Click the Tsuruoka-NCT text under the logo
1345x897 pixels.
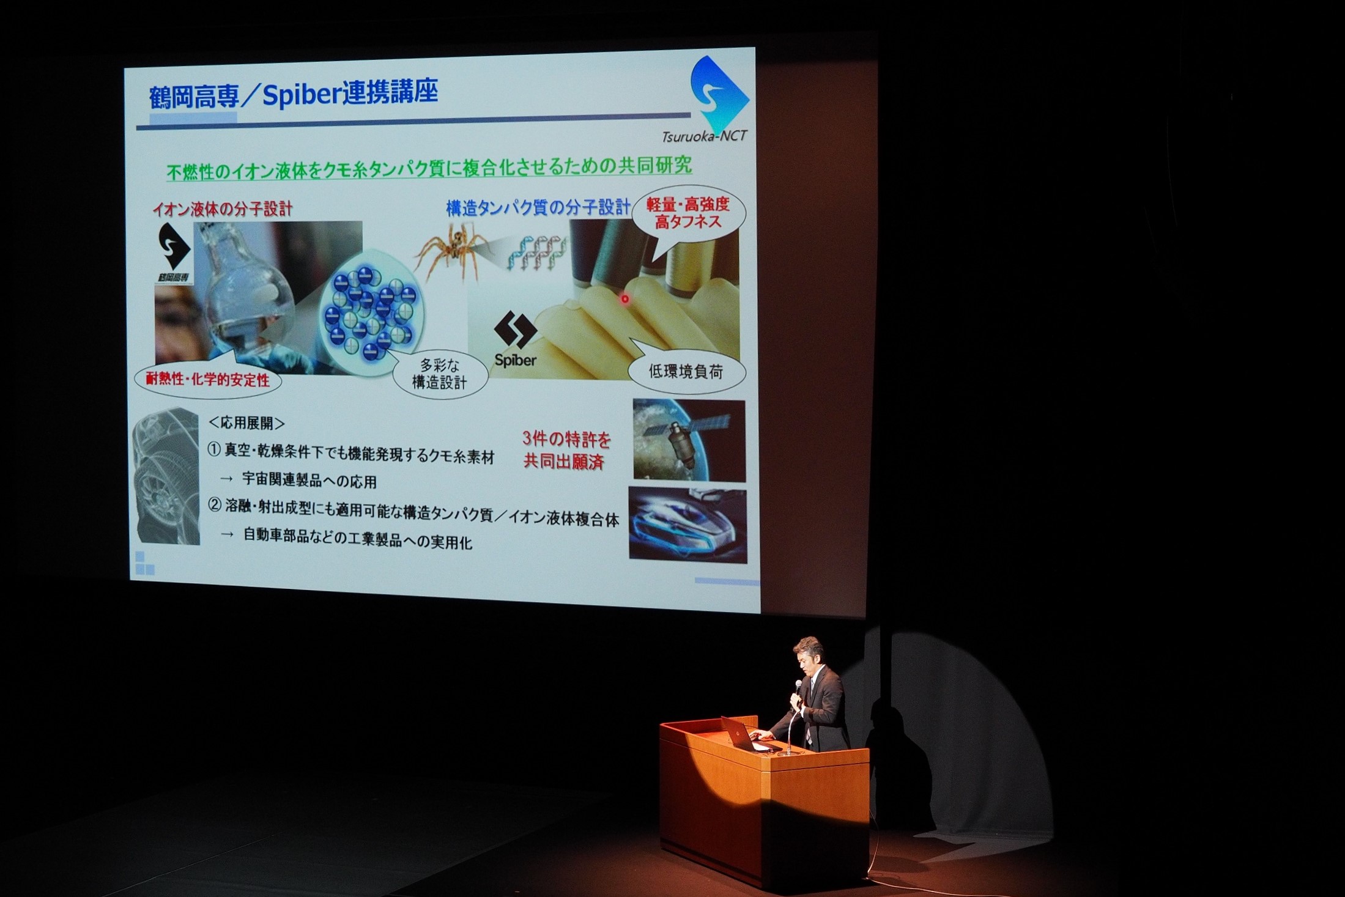click(x=705, y=136)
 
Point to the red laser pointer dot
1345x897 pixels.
click(x=624, y=299)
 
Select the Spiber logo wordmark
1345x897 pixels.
click(x=516, y=360)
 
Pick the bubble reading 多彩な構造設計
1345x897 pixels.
click(x=439, y=374)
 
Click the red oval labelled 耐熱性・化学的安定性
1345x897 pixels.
click(x=207, y=380)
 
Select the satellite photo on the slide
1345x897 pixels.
click(x=689, y=439)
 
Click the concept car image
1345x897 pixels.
click(x=687, y=523)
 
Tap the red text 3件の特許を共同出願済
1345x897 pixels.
click(x=566, y=449)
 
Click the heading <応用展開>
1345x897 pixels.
click(x=246, y=423)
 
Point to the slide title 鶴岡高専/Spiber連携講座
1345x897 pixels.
click(x=294, y=95)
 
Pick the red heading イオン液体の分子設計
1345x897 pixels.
click(x=223, y=209)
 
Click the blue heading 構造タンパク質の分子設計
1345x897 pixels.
click(x=538, y=208)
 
